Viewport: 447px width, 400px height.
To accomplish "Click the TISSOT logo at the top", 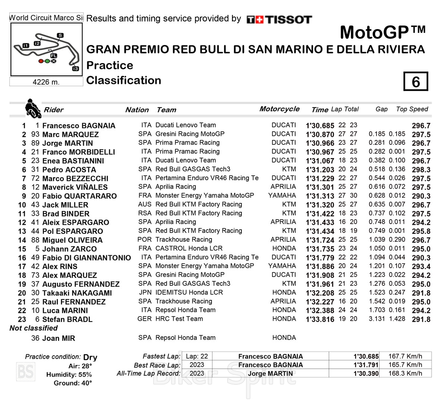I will [x=279, y=19].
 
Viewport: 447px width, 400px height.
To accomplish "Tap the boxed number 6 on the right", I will [x=416, y=81].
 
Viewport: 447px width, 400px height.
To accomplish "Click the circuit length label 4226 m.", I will [x=46, y=82].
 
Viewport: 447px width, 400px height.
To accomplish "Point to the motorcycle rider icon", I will [x=32, y=108].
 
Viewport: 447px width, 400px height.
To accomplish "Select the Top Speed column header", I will [x=412, y=109].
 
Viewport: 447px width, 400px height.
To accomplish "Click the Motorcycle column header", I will [x=279, y=109].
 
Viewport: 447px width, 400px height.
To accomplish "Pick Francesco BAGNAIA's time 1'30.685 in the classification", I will [x=320, y=126].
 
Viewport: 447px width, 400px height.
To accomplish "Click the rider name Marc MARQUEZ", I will [x=70, y=134].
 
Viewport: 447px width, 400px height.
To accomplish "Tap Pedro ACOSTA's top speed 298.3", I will [x=421, y=170].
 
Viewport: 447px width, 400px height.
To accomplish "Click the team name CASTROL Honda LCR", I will [x=189, y=248].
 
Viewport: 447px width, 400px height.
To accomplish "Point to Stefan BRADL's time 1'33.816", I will [x=320, y=319].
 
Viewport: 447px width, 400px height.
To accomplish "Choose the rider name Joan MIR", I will [x=58, y=338].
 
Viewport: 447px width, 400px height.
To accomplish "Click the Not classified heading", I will [x=34, y=328].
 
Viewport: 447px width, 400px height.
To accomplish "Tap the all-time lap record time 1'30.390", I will [x=366, y=374].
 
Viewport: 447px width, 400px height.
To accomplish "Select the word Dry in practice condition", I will [x=90, y=357].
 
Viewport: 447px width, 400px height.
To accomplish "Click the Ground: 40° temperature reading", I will [x=73, y=383].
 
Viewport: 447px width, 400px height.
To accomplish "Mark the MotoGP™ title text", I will [x=383, y=32].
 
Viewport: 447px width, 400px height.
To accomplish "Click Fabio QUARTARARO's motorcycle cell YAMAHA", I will [x=282, y=195].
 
